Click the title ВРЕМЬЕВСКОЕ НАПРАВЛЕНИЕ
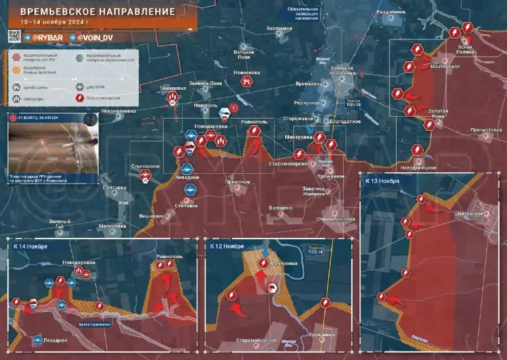[x=97, y=12]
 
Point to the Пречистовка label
[x=485, y=130]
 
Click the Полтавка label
[x=114, y=188]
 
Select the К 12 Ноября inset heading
[x=227, y=246]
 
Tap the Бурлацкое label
[x=279, y=28]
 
